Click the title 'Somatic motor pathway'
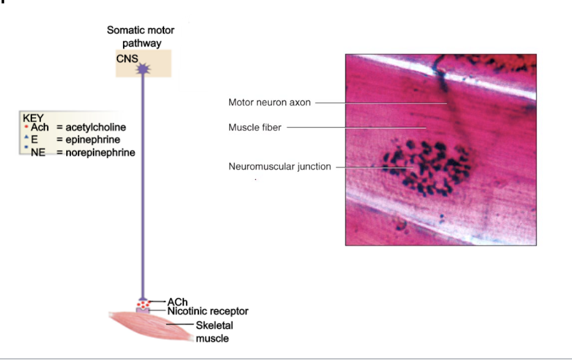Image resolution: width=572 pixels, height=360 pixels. pos(140,37)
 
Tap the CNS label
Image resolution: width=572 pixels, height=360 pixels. pos(127,59)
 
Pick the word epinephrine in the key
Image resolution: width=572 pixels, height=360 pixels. pos(91,140)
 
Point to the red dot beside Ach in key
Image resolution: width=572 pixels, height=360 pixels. pos(26,127)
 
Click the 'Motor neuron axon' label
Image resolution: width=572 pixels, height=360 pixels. pos(269,103)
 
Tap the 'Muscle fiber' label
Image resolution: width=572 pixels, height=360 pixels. pos(255,127)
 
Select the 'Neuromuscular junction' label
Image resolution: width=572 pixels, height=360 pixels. pos(279,166)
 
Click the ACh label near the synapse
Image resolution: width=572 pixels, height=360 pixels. pos(177,302)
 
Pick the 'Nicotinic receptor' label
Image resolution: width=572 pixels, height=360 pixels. pos(208,311)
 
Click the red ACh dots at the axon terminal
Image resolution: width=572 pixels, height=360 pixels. pos(143,303)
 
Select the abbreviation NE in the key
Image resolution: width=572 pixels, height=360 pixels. pos(39,152)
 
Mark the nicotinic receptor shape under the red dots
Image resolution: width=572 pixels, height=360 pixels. pos(143,311)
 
